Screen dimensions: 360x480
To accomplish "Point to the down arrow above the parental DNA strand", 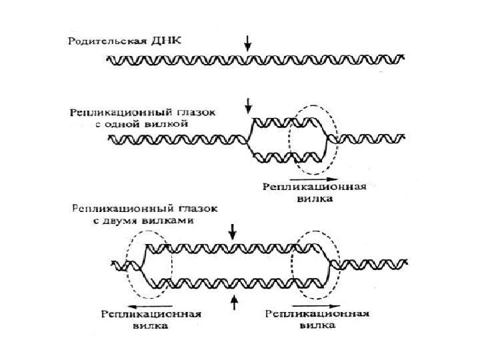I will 249,43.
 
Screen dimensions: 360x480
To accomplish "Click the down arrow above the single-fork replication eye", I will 249,105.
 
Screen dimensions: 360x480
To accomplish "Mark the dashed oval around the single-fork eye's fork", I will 313,139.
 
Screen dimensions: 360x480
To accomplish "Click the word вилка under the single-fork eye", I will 313,199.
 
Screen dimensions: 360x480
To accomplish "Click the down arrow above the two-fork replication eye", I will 233,231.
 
